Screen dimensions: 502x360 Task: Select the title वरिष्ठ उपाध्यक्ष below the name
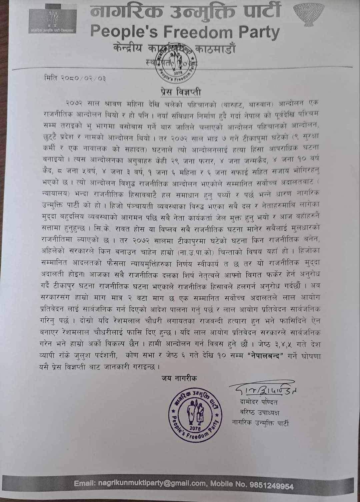pos(260,412)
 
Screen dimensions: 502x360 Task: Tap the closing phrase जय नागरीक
pos(179,378)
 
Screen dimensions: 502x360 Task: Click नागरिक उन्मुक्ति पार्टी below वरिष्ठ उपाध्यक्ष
pos(260,423)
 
